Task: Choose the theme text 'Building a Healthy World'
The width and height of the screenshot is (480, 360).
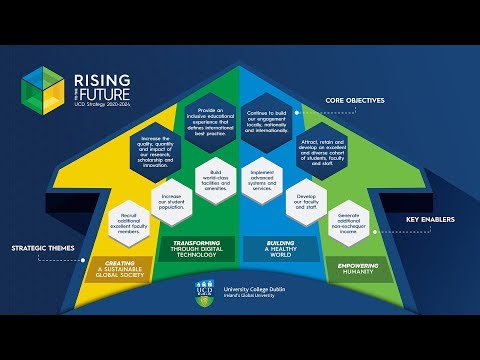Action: [x=283, y=247]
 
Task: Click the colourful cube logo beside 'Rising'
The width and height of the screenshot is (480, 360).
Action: [x=44, y=86]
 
